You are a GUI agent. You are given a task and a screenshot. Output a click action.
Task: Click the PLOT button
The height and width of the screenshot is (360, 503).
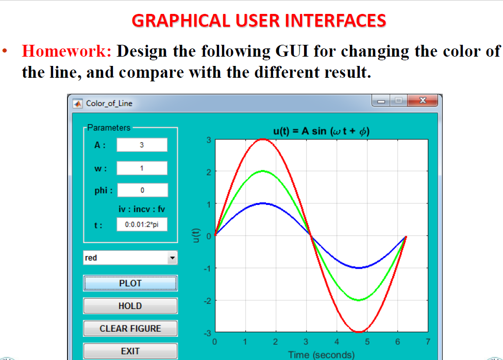coord(130,283)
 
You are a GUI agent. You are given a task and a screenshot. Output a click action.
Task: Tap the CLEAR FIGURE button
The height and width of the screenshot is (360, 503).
coord(130,329)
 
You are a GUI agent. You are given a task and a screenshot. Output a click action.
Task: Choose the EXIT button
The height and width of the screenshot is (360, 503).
coord(130,351)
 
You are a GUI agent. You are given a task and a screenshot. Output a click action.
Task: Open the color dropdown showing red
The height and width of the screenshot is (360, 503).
coord(130,258)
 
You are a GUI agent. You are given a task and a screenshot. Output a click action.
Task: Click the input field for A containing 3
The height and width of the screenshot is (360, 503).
coord(142,145)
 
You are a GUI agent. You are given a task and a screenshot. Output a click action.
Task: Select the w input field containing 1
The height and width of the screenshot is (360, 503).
coord(142,168)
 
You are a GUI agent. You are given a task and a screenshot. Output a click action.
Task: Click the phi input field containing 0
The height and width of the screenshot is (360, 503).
coord(142,190)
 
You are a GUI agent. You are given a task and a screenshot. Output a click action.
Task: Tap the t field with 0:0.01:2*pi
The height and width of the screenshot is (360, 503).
coord(142,225)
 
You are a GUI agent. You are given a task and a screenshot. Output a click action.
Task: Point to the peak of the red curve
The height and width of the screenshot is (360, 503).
coord(263,139)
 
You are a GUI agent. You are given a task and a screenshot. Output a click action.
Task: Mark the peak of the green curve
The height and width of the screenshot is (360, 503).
coord(263,171)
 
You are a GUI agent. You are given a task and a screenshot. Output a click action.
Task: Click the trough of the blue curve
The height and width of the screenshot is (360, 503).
coord(359,268)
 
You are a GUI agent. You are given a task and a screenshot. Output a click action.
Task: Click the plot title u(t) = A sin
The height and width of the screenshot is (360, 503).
coord(322,131)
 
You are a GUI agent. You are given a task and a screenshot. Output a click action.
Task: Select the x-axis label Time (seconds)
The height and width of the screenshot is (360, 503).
coord(322,354)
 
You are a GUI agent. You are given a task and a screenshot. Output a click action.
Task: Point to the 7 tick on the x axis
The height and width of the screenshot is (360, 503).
coord(428,341)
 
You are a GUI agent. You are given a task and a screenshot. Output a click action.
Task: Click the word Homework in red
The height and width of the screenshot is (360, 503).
coord(66,52)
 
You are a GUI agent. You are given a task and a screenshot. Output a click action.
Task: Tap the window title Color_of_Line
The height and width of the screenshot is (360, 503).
coord(109,104)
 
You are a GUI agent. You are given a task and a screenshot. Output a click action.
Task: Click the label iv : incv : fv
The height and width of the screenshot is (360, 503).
coord(142,209)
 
